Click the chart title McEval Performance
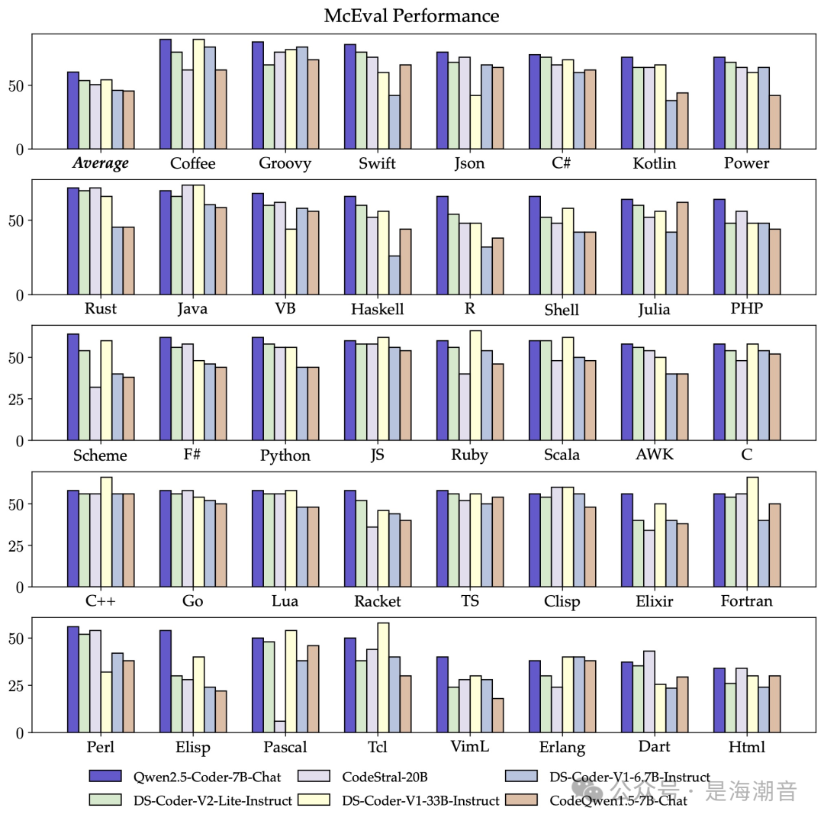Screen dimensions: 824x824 [x=411, y=16]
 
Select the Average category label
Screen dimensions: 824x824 [x=101, y=163]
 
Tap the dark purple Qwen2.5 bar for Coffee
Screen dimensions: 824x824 [x=165, y=94]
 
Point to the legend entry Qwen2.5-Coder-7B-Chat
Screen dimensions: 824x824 [x=185, y=777]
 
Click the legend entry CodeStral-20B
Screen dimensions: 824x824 [x=384, y=777]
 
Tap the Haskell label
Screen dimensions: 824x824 [x=377, y=309]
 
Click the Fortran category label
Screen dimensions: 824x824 [x=746, y=601]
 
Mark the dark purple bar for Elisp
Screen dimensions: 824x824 [x=165, y=681]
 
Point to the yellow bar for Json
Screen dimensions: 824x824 [x=475, y=122]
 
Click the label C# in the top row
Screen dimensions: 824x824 [x=562, y=163]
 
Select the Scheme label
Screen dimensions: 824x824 [x=100, y=455]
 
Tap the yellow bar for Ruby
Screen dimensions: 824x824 [x=475, y=385]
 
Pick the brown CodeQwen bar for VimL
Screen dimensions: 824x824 [x=498, y=715]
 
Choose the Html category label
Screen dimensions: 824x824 [x=746, y=747]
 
